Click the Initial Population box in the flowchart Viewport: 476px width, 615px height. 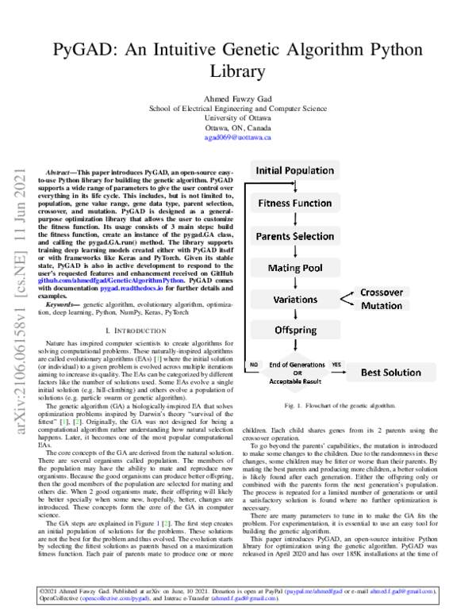(294, 170)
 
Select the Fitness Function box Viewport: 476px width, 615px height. (294, 203)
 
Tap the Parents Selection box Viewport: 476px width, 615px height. (294, 236)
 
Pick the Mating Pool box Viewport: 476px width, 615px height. (294, 269)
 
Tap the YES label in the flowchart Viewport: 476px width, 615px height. (336, 365)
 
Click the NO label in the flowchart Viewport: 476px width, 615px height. (255, 365)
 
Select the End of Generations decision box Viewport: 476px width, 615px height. (297, 371)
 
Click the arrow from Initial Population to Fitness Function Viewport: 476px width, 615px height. (294, 187)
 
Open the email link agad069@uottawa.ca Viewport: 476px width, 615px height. (238, 137)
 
